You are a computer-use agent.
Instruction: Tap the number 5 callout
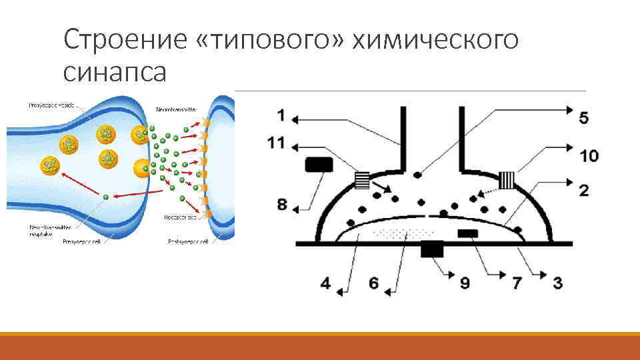tap(584, 118)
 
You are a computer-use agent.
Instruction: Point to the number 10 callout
tap(589, 156)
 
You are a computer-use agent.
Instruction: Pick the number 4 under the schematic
tap(325, 283)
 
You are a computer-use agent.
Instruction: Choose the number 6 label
tap(373, 283)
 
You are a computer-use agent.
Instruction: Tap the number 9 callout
tap(465, 283)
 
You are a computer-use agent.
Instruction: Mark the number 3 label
tap(557, 283)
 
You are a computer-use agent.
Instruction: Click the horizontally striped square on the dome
tap(362, 179)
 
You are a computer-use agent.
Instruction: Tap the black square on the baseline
tap(432, 249)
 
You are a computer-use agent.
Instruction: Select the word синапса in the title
tap(115, 71)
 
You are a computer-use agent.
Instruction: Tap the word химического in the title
tap(435, 40)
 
